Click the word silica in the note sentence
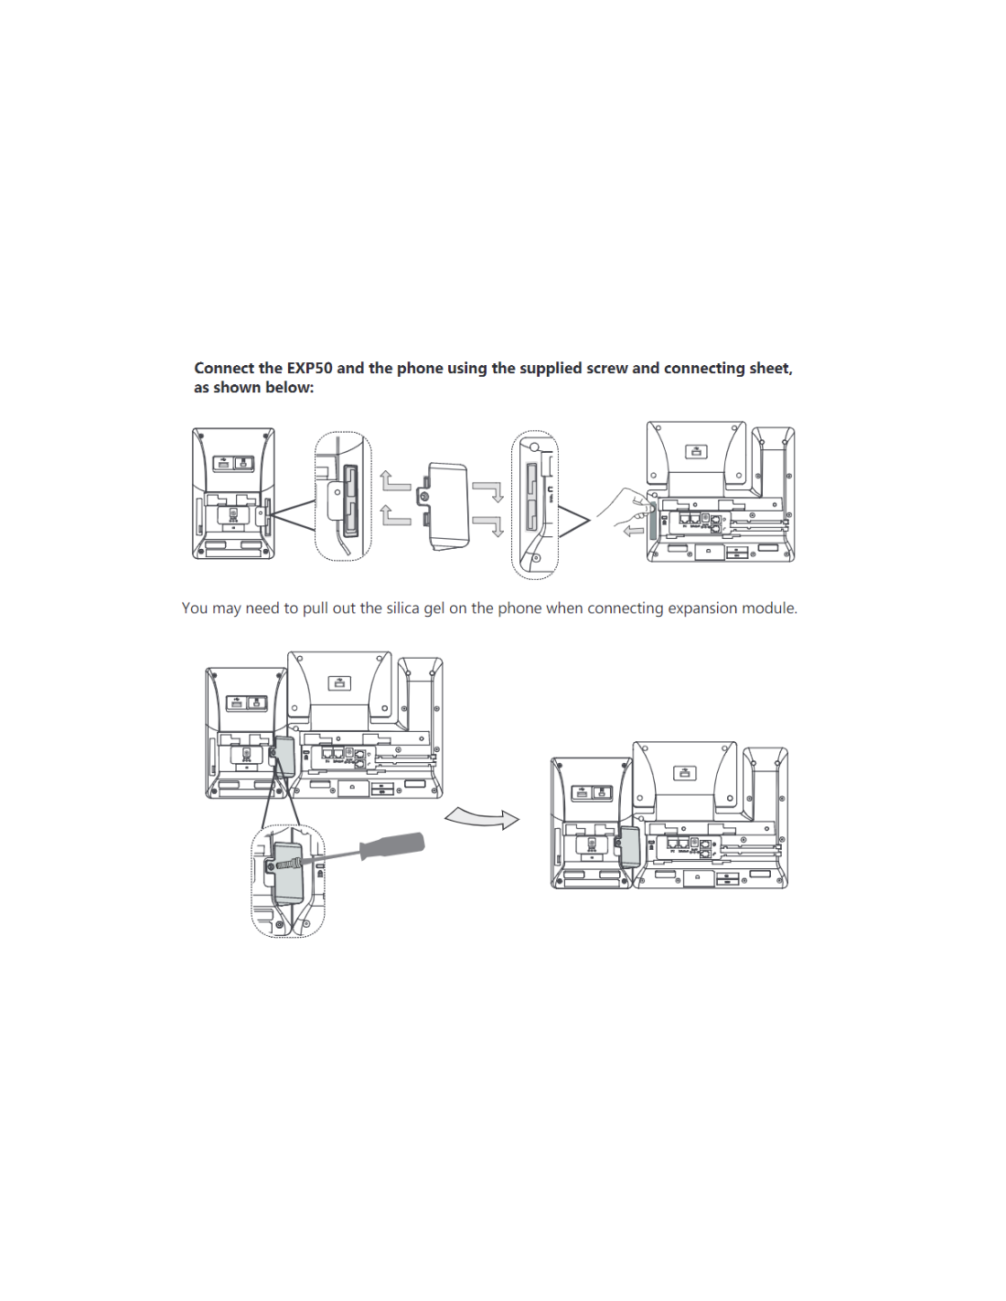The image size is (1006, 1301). point(402,608)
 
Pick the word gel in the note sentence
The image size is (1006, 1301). point(433,608)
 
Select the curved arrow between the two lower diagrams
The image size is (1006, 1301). point(482,817)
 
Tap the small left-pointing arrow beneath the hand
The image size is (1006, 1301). point(633,531)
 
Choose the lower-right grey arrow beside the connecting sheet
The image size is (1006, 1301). point(488,526)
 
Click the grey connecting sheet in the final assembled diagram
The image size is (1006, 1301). point(629,846)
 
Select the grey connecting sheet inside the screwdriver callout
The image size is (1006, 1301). point(289,874)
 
